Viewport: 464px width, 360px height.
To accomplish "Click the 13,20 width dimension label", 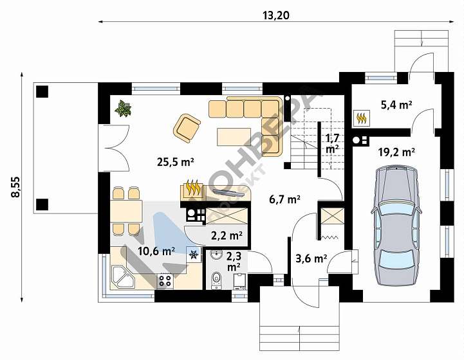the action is tap(276, 15).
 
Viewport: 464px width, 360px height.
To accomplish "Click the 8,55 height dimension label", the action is tap(15, 187).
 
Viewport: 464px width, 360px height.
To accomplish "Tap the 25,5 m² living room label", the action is tap(176, 161).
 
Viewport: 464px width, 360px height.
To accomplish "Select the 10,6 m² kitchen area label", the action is tap(156, 251).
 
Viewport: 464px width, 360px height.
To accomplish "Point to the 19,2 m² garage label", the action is tap(396, 152).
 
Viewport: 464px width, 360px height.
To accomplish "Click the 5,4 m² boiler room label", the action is tap(396, 105).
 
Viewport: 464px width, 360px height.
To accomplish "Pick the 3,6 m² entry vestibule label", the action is tap(311, 258).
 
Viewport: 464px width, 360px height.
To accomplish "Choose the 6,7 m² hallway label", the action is tap(285, 199).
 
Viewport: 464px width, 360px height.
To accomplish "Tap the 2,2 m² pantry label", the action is tap(227, 235).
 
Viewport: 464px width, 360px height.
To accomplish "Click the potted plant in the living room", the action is tap(123, 109).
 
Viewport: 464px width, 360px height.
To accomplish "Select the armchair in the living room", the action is tap(187, 129).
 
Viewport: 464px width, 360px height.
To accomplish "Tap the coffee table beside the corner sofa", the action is tap(234, 137).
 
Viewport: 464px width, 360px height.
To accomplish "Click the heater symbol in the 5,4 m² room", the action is tap(361, 118).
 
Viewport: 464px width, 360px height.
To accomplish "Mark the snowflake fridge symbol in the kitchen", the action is tap(194, 254).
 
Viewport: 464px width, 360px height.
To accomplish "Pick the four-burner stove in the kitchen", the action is tap(165, 280).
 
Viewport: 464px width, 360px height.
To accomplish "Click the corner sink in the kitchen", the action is tap(123, 277).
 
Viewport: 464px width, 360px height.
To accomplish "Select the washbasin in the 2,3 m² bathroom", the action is tap(217, 255).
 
